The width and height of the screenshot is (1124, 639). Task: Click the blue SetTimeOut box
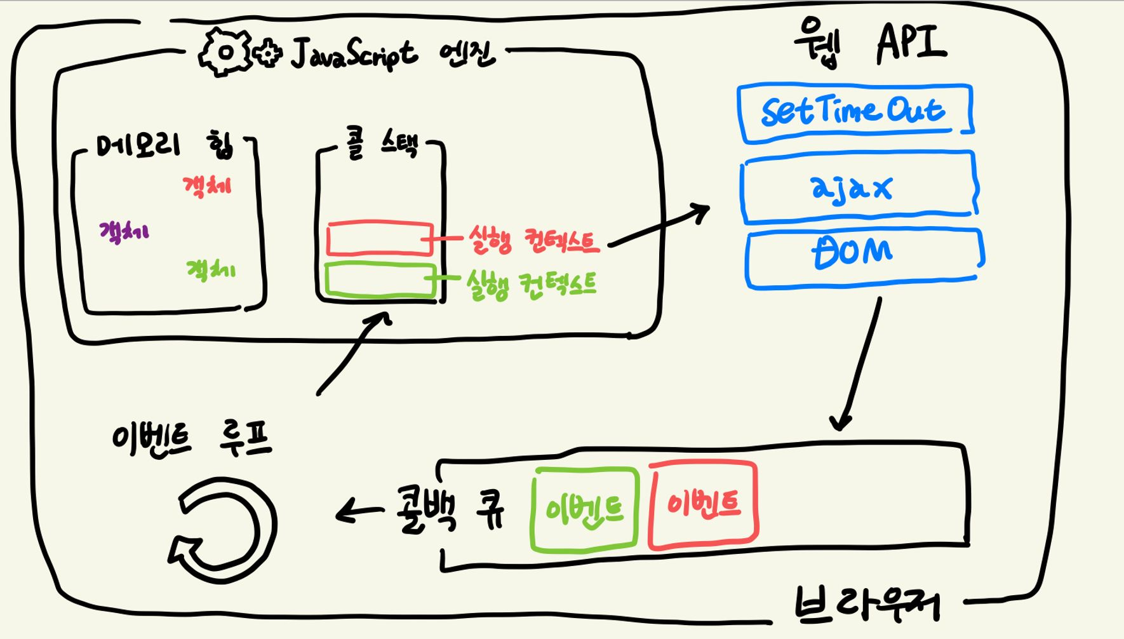[x=854, y=112]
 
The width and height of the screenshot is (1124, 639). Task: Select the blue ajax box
[x=858, y=187]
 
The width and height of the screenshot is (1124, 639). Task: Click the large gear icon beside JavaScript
[x=225, y=52]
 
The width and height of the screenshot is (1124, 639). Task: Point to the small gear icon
[x=268, y=53]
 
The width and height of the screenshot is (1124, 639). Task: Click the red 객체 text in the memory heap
[x=207, y=186]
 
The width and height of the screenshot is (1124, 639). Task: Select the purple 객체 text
[x=124, y=231]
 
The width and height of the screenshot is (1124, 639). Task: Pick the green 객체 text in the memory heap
[x=210, y=271]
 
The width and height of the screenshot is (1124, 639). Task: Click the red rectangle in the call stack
[x=379, y=239]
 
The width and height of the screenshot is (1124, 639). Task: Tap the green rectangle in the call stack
[x=379, y=280]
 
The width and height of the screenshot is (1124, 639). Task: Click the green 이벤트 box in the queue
[x=584, y=509]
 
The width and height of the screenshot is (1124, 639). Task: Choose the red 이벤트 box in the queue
[x=703, y=505]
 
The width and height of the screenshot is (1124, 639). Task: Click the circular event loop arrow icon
[x=225, y=530]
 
